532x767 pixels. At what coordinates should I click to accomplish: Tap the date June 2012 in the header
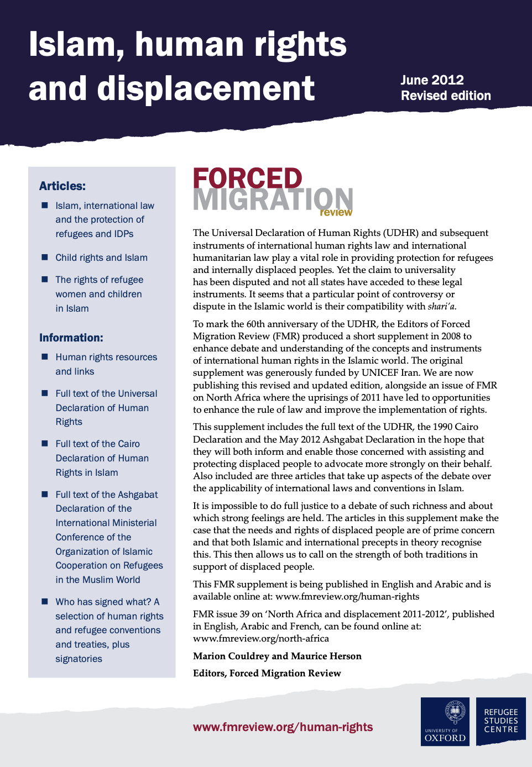[x=432, y=80]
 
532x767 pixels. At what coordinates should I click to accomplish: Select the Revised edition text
[x=446, y=96]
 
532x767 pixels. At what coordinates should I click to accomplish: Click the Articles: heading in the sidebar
[x=62, y=186]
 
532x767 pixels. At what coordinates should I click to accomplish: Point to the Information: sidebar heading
[x=71, y=338]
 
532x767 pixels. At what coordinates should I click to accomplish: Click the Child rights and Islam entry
[x=101, y=258]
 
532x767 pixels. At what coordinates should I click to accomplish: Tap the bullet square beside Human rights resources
[x=45, y=357]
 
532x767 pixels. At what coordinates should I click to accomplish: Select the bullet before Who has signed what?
[x=45, y=601]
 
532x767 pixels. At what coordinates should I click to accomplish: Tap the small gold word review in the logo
[x=336, y=212]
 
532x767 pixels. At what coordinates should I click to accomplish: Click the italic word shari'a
[x=441, y=307]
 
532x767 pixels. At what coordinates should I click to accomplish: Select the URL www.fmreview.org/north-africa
[x=260, y=638]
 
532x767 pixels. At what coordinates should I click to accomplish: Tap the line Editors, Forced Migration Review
[x=267, y=673]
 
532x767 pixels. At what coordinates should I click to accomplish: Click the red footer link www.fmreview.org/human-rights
[x=283, y=727]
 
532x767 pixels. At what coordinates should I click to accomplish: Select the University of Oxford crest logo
[x=445, y=722]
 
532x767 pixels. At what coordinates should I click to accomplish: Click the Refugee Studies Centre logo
[x=500, y=721]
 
